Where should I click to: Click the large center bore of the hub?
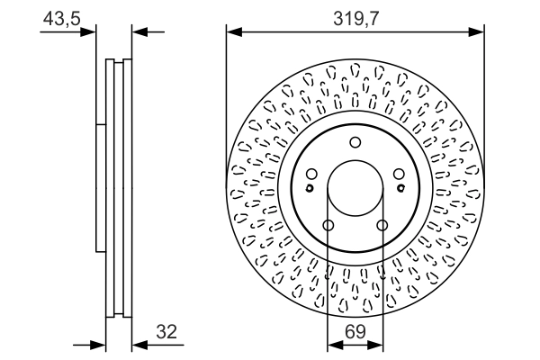click(355, 189)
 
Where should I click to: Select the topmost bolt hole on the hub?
click(355, 141)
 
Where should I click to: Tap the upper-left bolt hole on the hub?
click(310, 175)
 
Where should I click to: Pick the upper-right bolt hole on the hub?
click(399, 175)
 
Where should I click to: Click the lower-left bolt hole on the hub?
click(328, 225)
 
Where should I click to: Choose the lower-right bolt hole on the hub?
click(382, 225)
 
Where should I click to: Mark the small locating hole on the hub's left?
click(309, 188)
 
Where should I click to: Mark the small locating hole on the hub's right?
click(400, 188)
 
